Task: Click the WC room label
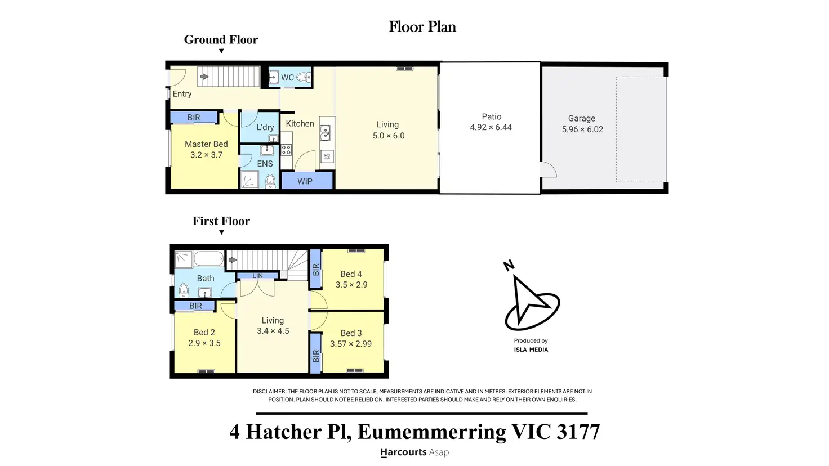point(288,78)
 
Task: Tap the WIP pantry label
point(305,182)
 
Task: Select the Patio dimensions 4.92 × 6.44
point(491,128)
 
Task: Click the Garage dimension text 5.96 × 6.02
point(582,129)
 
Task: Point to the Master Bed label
point(206,144)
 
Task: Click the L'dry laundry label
point(265,127)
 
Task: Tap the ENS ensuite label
point(265,164)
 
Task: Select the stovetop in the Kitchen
point(287,150)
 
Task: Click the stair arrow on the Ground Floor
point(204,77)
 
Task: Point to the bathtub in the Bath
point(209,258)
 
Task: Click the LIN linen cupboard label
point(257,276)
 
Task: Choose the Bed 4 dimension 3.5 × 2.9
point(351,285)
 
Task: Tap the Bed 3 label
point(351,333)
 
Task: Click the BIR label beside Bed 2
point(195,306)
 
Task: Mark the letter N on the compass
point(509,266)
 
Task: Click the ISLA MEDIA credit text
point(531,350)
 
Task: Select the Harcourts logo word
point(403,452)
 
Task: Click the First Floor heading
point(221,221)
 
